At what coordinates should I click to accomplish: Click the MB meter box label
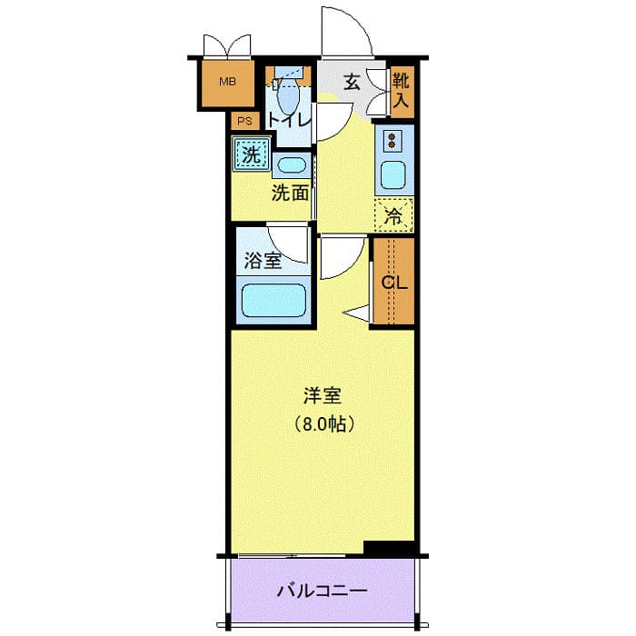pos(226,82)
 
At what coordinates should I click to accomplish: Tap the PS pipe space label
pos(243,121)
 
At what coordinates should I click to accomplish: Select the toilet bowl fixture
pos(287,93)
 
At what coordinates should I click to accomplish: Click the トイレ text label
pos(290,119)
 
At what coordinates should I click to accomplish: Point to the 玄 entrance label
pos(352,83)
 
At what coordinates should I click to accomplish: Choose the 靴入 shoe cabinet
pos(401,91)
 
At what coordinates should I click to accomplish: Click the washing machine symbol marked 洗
pos(249,154)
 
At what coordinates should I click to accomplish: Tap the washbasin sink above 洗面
pos(292,165)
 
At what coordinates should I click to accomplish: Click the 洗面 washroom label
pos(291,193)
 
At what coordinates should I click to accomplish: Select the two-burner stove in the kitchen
pos(393,142)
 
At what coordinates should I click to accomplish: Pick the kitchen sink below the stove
pos(393,174)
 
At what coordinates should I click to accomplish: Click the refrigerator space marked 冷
pos(393,216)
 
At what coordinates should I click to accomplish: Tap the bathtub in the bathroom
pos(273,300)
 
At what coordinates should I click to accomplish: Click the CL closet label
pos(393,282)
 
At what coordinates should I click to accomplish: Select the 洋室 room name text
pos(323,395)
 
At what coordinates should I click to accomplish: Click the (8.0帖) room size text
pos(323,422)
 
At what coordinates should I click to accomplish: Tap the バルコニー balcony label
pos(322,591)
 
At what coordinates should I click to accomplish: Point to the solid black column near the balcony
pos(389,547)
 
